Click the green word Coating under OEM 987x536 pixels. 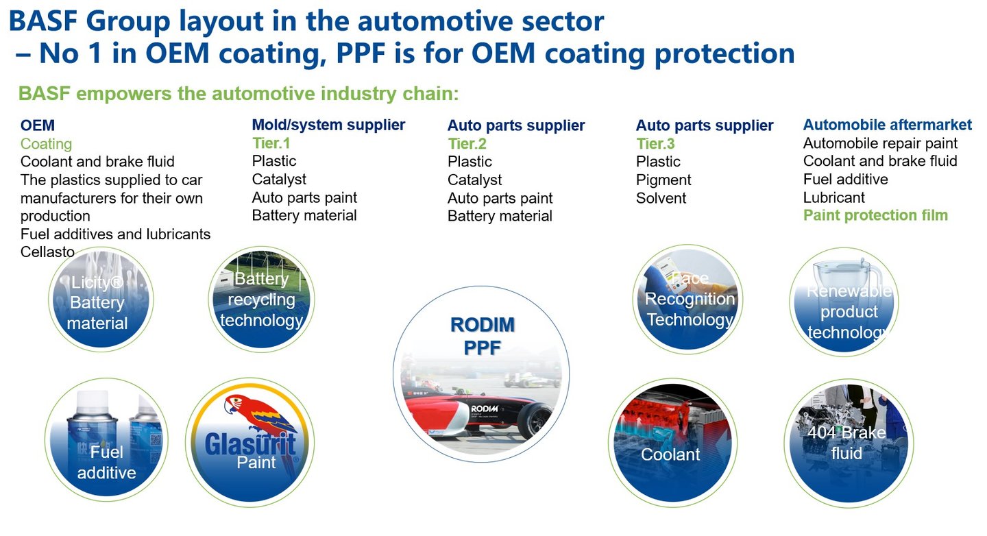point(46,144)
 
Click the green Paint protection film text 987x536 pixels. point(875,215)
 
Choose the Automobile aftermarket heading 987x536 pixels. point(887,125)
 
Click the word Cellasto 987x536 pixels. point(47,252)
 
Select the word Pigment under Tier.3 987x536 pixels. point(663,180)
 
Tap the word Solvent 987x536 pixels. point(661,198)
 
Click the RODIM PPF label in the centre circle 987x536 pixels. point(482,336)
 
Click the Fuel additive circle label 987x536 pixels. point(106,462)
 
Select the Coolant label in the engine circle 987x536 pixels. point(670,454)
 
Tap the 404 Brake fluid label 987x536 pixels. point(846,443)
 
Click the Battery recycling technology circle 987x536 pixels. point(261,300)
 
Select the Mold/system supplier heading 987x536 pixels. point(328,125)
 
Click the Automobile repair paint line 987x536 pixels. point(880,143)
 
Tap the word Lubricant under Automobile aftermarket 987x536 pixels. point(833,197)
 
